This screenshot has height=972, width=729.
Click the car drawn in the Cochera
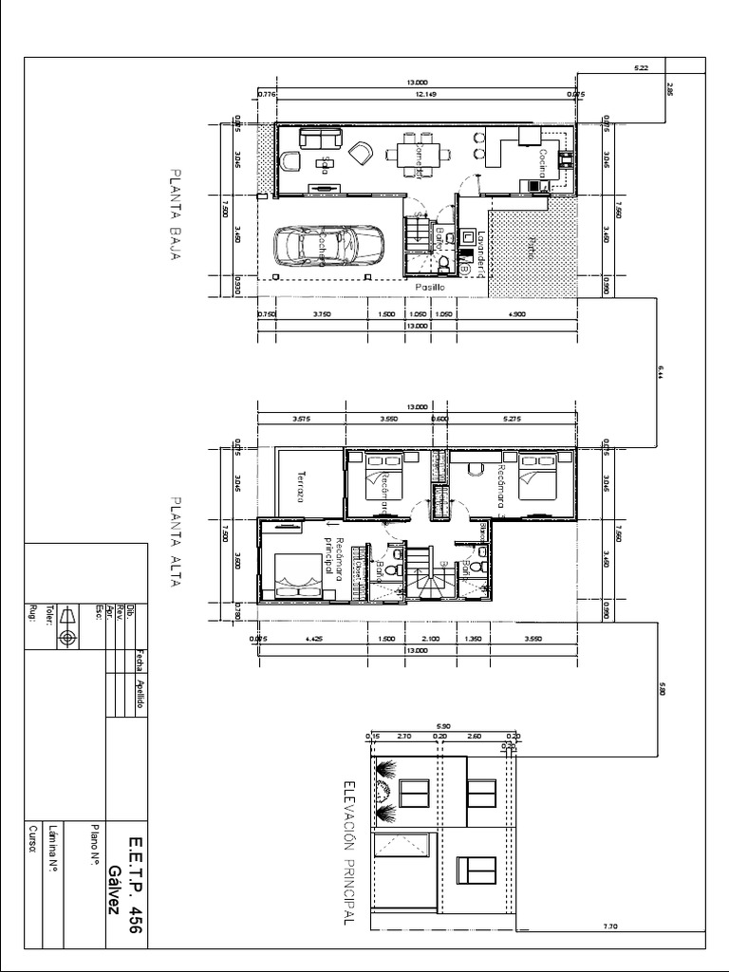pos(327,246)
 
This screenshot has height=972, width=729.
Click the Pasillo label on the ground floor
pos(427,286)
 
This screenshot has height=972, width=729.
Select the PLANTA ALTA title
pos(175,542)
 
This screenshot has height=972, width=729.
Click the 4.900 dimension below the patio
pos(517,313)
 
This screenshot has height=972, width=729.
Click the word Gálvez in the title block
pos(114,889)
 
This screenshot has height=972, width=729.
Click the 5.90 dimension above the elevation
pos(444,725)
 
